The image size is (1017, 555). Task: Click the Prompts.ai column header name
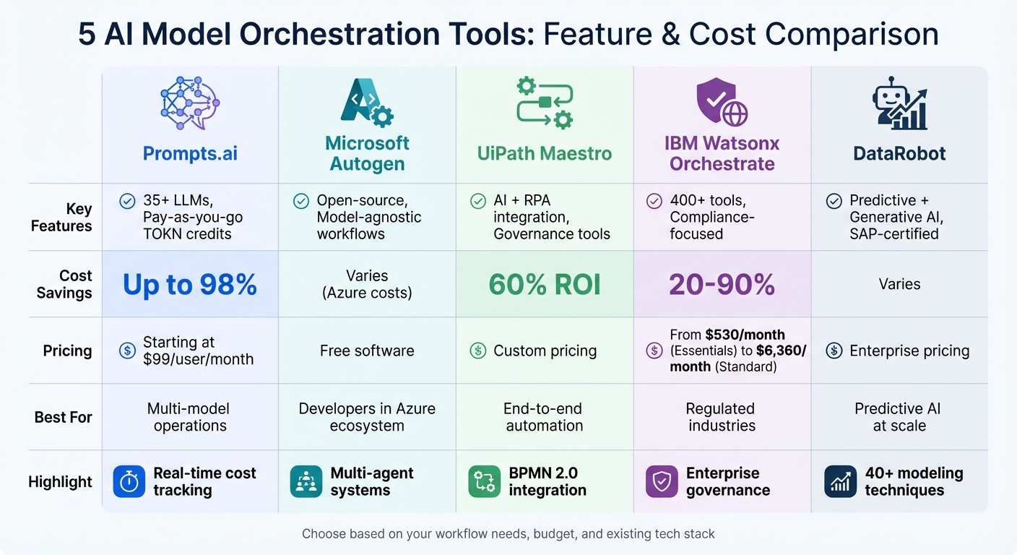tap(190, 153)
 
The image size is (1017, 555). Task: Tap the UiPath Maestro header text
tap(545, 153)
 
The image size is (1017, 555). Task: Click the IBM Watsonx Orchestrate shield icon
tap(721, 103)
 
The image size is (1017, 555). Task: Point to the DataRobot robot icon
tap(899, 103)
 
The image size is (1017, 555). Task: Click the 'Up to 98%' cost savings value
tap(190, 285)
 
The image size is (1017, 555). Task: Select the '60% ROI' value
tap(545, 285)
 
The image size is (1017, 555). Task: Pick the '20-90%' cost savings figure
tap(722, 285)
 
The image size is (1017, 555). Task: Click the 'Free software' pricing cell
tap(367, 351)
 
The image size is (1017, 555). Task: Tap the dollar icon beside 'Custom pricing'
tap(477, 351)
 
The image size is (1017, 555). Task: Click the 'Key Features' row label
tap(61, 218)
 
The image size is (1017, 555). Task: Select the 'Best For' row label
tap(63, 417)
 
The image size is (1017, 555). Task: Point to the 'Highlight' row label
tap(60, 482)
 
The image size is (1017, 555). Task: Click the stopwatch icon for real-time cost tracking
tap(129, 482)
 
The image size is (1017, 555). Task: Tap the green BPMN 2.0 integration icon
tap(484, 482)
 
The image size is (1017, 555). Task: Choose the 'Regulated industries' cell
tap(722, 417)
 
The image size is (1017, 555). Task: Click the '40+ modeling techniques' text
tap(914, 482)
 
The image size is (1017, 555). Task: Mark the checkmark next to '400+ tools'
tap(654, 201)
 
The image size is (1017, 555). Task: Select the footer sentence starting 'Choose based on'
tap(508, 534)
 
